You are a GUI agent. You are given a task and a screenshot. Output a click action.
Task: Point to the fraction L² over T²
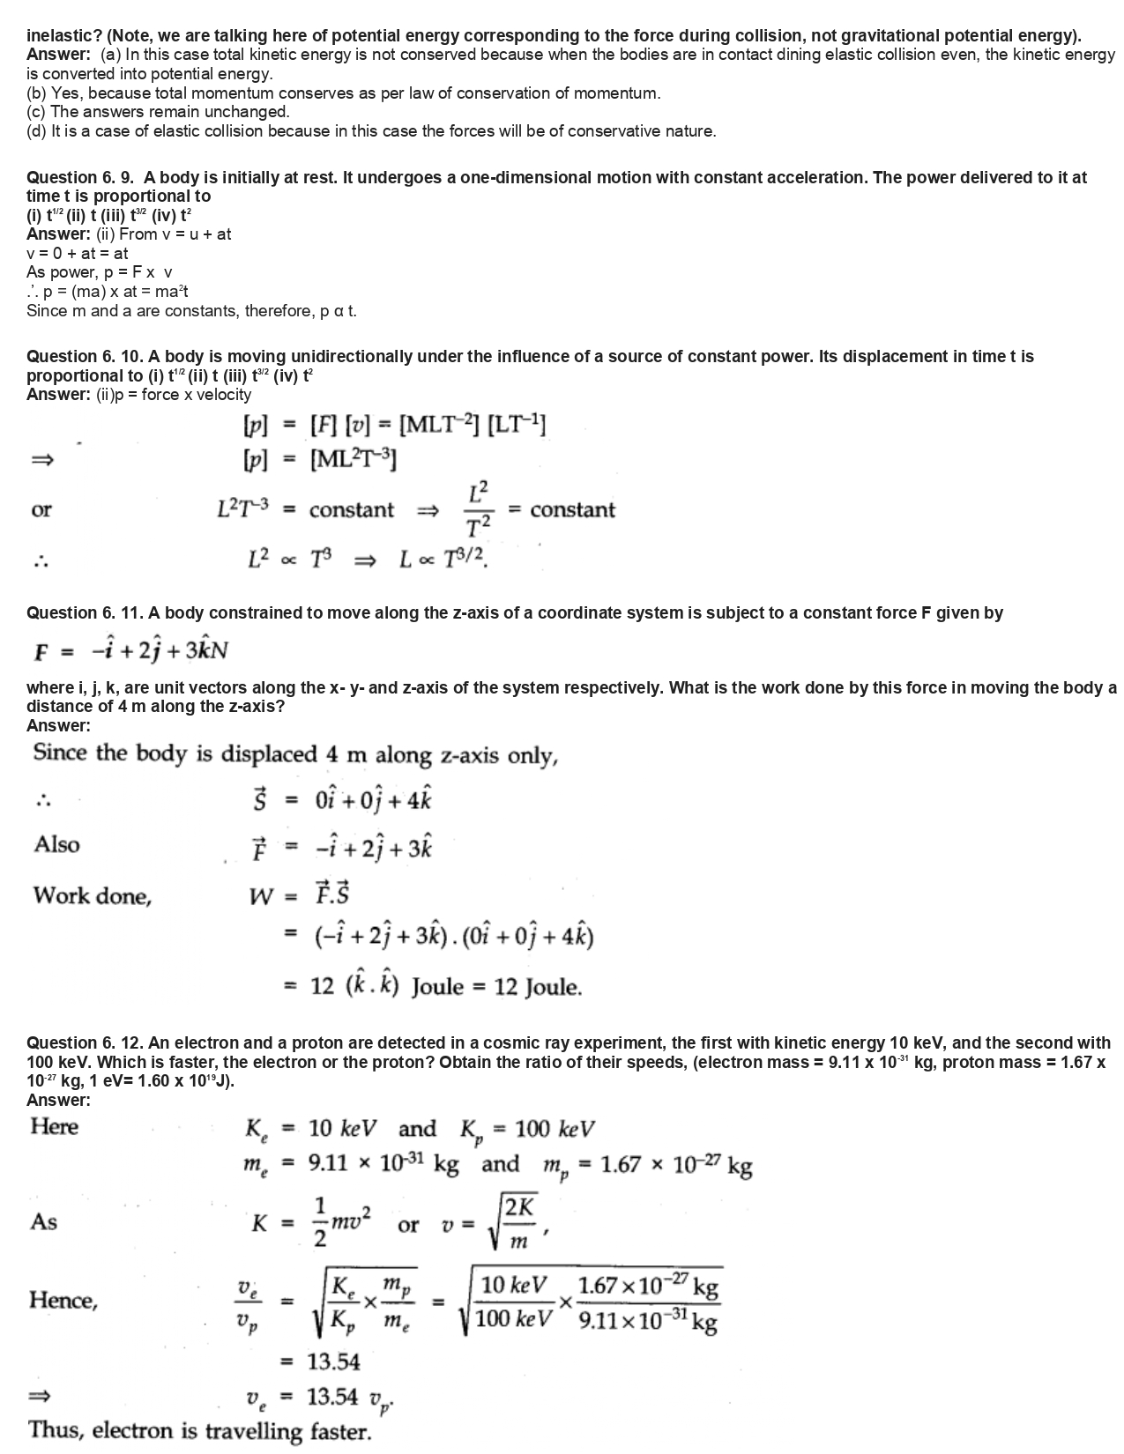[x=476, y=509]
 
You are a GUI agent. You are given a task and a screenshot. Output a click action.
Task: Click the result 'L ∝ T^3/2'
[x=443, y=559]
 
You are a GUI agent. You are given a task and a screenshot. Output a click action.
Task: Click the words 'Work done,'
[x=93, y=896]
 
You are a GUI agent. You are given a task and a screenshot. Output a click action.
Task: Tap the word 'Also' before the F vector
[x=56, y=844]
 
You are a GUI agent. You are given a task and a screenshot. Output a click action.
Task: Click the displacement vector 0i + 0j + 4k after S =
[x=373, y=800]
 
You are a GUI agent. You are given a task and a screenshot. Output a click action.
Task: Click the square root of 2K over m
[x=513, y=1222]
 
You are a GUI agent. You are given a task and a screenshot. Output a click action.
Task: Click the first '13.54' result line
[x=333, y=1361]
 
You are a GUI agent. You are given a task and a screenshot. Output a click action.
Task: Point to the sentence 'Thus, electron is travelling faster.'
[x=199, y=1430]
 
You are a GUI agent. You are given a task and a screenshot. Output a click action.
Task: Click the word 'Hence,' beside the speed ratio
[x=63, y=1300]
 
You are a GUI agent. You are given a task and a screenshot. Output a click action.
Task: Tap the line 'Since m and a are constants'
[x=191, y=311]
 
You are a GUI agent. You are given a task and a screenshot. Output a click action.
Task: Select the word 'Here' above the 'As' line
[x=54, y=1126]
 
